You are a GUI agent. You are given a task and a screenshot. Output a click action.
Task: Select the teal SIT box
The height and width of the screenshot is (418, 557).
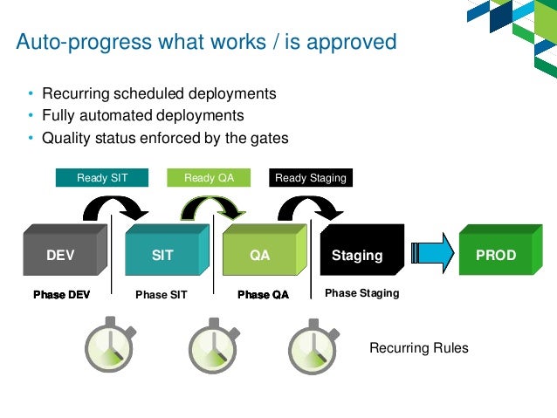pyautogui.click(x=163, y=255)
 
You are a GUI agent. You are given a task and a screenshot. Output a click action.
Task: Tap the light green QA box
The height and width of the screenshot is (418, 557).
pyautogui.click(x=260, y=255)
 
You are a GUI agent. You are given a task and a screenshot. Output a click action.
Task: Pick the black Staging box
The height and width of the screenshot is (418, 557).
pyautogui.click(x=358, y=255)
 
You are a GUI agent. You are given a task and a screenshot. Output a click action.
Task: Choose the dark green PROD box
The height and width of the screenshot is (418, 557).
pyautogui.click(x=496, y=255)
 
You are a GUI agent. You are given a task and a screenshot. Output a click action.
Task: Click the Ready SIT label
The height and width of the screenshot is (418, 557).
pyautogui.click(x=102, y=178)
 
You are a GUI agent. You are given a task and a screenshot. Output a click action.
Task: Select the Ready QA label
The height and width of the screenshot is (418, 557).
pyautogui.click(x=208, y=178)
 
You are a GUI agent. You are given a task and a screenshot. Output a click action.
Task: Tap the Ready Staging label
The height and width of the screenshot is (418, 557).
pyautogui.click(x=310, y=178)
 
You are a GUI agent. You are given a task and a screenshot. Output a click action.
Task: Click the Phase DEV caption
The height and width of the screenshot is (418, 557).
pyautogui.click(x=61, y=295)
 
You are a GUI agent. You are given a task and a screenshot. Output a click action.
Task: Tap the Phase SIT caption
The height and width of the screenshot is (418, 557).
pyautogui.click(x=162, y=295)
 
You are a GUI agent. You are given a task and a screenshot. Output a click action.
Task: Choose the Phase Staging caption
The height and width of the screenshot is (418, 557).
pyautogui.click(x=361, y=293)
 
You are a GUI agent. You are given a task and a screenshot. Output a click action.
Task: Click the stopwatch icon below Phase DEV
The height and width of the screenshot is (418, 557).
pyautogui.click(x=108, y=348)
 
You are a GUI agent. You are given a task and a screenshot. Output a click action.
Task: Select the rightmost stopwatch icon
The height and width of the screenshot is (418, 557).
pyautogui.click(x=314, y=348)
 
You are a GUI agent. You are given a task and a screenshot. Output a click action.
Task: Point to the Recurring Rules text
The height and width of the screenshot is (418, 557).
pyautogui.click(x=418, y=348)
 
